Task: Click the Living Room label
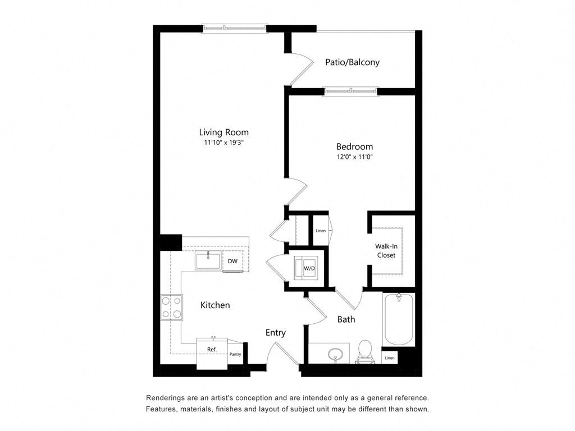tap(223, 132)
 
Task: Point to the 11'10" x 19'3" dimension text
tap(223, 143)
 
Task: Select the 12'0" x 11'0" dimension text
tap(353, 157)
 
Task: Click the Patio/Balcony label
tap(352, 62)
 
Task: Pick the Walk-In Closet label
tap(385, 251)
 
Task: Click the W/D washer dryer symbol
tap(309, 268)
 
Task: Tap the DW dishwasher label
tap(232, 261)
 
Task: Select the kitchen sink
tap(208, 261)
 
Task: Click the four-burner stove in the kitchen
tap(172, 307)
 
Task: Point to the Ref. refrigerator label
tap(212, 350)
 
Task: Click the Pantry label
tap(235, 354)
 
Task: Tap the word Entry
tap(275, 333)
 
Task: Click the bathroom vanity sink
tap(335, 355)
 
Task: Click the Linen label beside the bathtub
tap(389, 357)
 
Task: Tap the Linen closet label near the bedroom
tap(321, 231)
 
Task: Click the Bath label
tap(346, 319)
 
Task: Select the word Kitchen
tap(215, 305)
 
